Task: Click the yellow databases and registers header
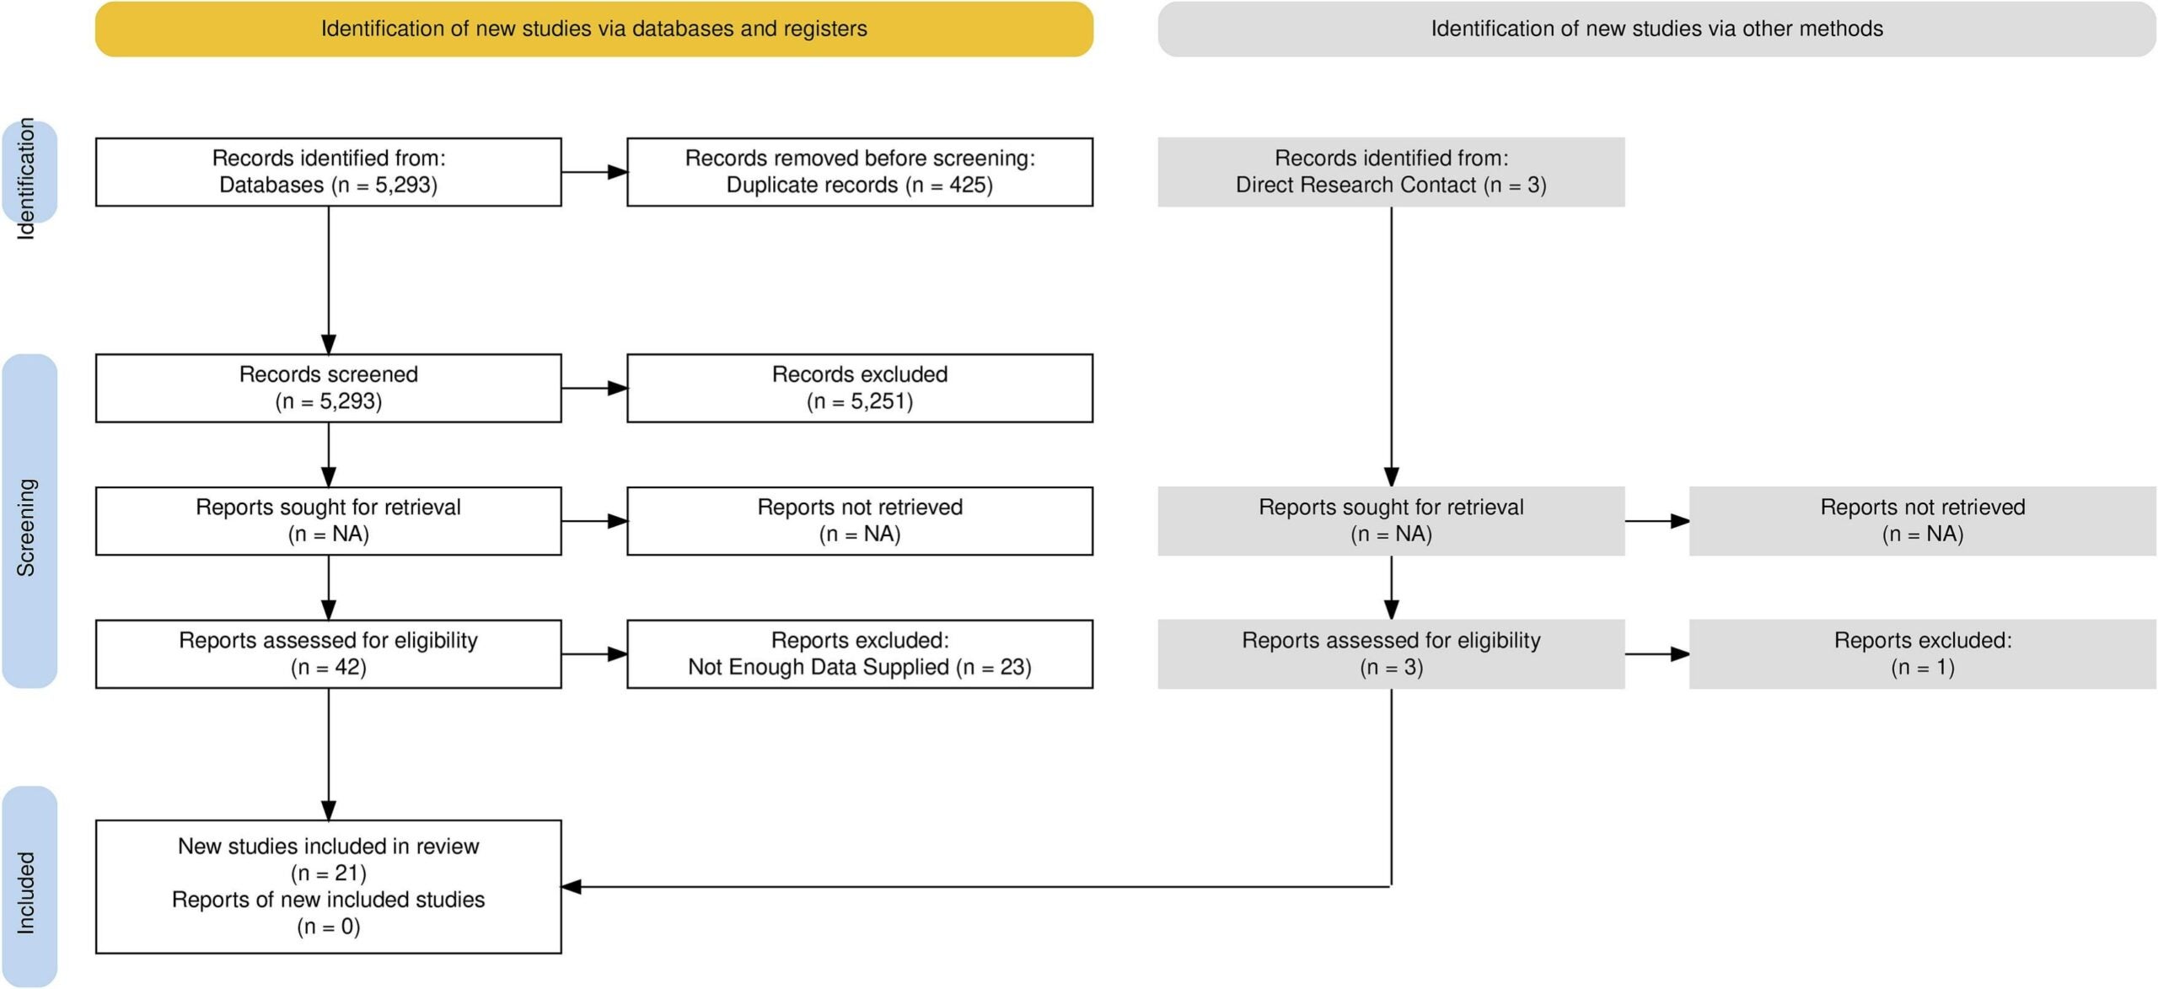point(593,29)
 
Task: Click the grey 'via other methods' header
point(1656,29)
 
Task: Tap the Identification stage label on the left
point(29,173)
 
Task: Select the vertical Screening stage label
point(29,523)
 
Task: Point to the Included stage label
point(29,890)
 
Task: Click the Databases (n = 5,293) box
point(328,172)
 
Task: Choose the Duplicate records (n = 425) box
point(859,172)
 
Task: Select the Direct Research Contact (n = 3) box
point(1390,172)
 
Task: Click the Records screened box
point(328,388)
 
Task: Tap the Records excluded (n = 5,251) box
point(859,388)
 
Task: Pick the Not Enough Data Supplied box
point(859,654)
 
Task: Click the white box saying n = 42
point(328,654)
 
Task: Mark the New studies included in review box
point(328,886)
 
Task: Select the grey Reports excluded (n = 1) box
point(1922,654)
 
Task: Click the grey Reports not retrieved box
point(1922,521)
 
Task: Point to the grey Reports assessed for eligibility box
point(1390,654)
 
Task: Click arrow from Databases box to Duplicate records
point(594,172)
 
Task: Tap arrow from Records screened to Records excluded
point(594,388)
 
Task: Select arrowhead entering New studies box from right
point(572,886)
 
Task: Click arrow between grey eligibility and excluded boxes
point(1656,654)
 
